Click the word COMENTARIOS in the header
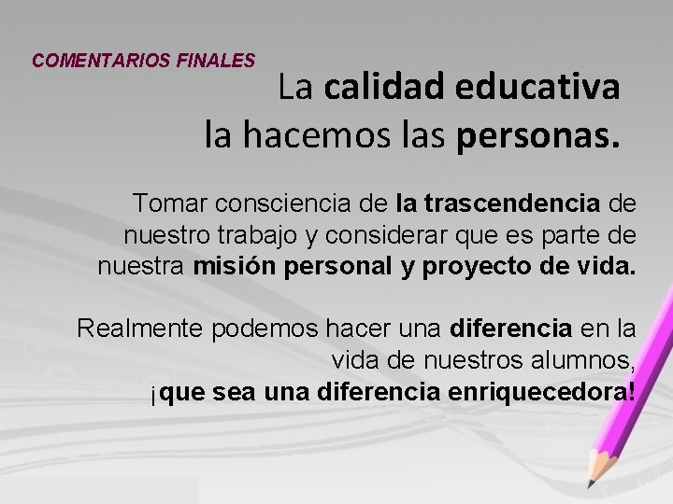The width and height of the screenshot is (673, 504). coord(99,61)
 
